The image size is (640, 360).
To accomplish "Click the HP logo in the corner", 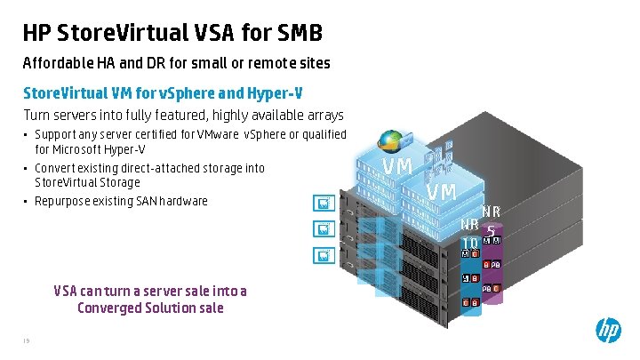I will tap(608, 330).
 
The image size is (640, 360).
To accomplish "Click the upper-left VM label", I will tap(396, 166).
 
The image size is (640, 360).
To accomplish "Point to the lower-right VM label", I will tap(441, 191).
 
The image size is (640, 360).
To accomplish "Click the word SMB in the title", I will tap(293, 34).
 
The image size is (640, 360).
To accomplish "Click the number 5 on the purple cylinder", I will tap(491, 228).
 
